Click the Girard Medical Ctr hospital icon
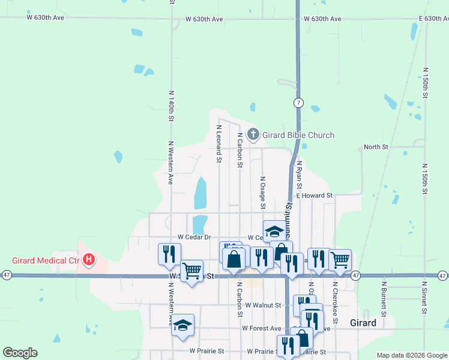coord(89,260)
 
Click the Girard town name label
coord(363,323)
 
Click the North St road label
coord(376,146)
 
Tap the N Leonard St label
coord(218,144)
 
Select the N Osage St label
coord(262,188)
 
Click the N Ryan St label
coord(299,179)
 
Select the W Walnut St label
coord(263,305)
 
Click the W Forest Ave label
coord(261,328)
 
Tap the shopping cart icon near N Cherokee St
coord(340,260)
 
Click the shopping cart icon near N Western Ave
coord(191,271)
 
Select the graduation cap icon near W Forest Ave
coord(182,325)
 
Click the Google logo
coord(20,353)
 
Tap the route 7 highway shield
coord(298,103)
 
